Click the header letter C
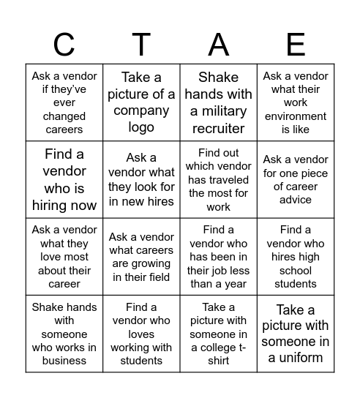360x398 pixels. coord(64,45)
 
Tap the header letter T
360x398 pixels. coord(141,45)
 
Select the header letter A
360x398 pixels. coord(218,45)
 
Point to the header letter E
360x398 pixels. coord(296,45)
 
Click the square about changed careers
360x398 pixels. coord(64,102)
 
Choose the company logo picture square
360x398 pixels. coord(141,102)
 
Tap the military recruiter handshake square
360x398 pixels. coord(218,102)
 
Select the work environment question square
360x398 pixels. coord(296,102)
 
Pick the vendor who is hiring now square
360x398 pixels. coord(64,179)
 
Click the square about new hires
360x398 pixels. coord(141,179)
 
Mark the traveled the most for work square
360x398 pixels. coord(218,179)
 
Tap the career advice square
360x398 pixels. coord(296,179)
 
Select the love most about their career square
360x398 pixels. coord(64,256)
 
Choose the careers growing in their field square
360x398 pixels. coord(141,256)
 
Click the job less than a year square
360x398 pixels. coord(218,256)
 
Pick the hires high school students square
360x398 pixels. coord(296,256)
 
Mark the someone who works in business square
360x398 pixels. coord(64,334)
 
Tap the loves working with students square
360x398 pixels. coord(141,334)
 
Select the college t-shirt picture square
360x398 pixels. coord(218,334)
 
